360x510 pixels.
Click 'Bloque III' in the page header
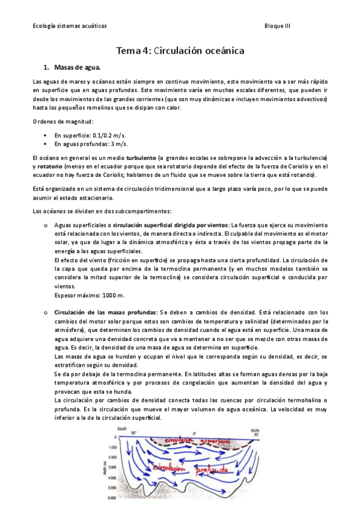[x=277, y=26]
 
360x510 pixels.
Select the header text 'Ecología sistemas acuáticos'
[x=70, y=26]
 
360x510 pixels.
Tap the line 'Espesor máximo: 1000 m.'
[x=89, y=295]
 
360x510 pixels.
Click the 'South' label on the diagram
[x=122, y=428]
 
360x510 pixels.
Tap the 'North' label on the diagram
[x=255, y=429]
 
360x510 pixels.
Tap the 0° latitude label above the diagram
[x=195, y=433]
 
